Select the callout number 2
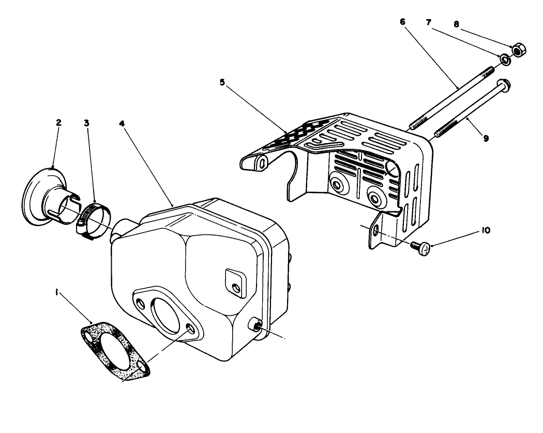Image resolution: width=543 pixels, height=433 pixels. (x=58, y=122)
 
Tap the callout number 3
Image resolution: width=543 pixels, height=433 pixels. (x=87, y=122)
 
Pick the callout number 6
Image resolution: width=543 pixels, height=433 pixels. (x=403, y=22)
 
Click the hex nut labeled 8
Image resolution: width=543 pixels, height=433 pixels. (x=518, y=51)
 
